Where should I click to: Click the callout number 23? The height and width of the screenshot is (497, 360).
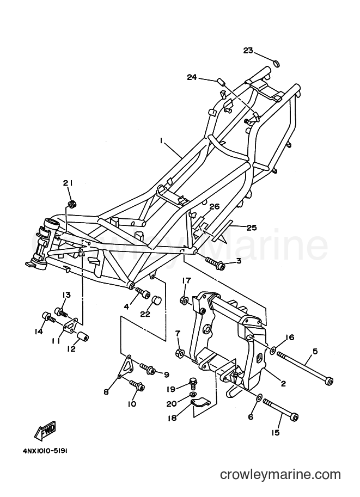click(x=248, y=51)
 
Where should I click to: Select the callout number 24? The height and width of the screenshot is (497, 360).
click(x=192, y=77)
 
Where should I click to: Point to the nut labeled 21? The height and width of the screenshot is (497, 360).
click(x=72, y=204)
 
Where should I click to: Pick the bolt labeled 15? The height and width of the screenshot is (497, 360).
click(x=280, y=407)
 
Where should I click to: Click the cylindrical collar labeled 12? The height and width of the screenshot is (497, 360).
click(x=82, y=336)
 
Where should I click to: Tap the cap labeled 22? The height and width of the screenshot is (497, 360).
click(x=156, y=300)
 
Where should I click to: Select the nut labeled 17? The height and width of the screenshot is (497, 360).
click(x=185, y=299)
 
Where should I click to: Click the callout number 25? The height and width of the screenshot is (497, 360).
click(x=251, y=228)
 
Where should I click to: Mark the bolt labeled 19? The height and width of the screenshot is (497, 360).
click(x=192, y=382)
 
